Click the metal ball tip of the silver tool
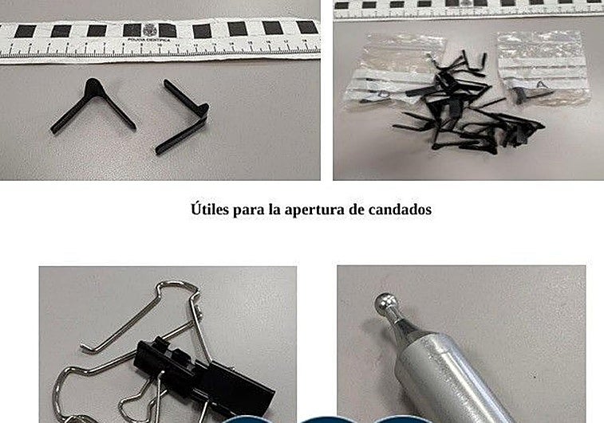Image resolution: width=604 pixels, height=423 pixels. point(387,305)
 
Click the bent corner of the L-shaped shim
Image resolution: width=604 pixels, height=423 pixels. point(201,110)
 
